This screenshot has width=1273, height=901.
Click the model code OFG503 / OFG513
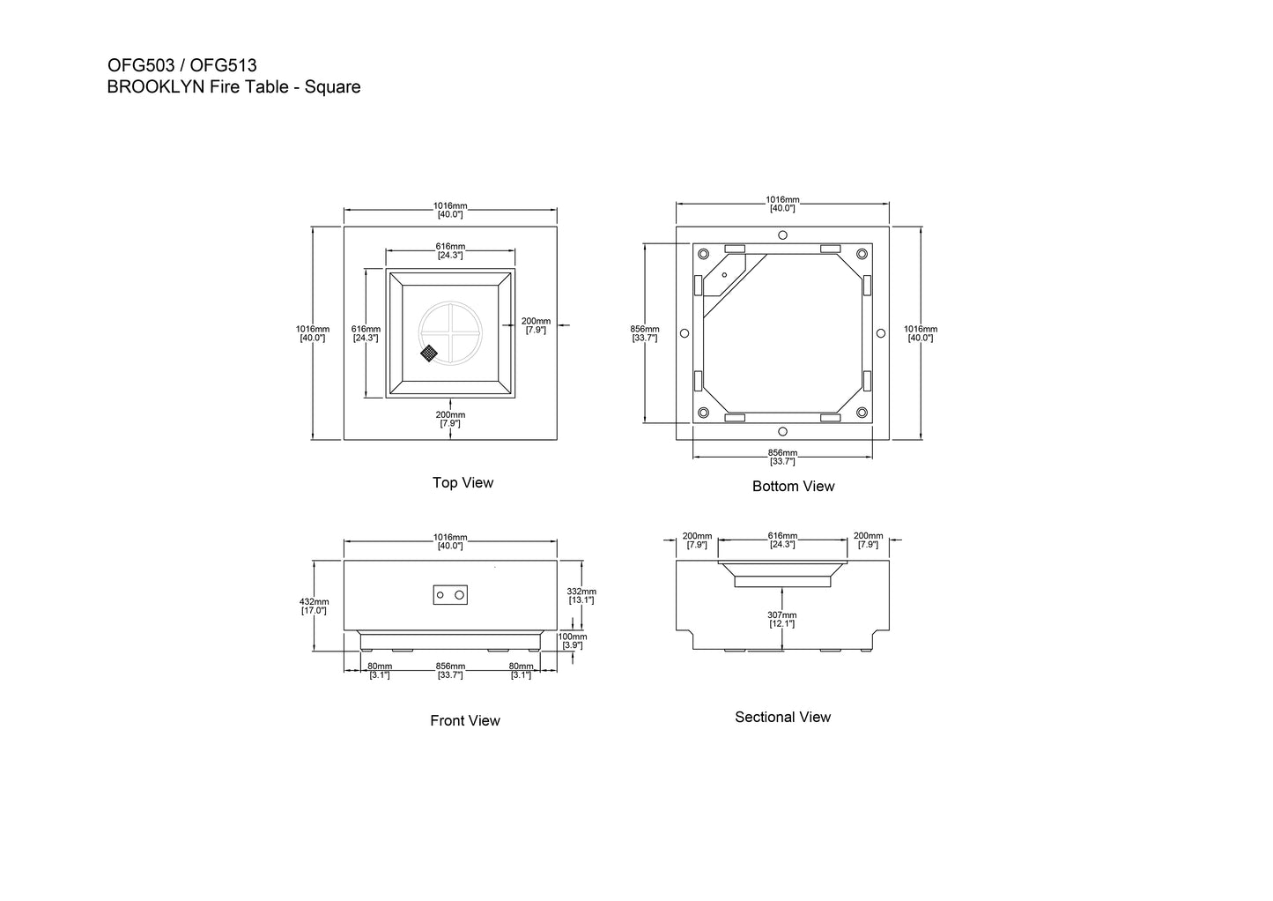[x=181, y=65]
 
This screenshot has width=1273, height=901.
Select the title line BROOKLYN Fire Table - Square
[x=233, y=87]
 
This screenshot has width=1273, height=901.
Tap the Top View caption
[x=463, y=482]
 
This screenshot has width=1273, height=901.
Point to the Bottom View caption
[x=794, y=487]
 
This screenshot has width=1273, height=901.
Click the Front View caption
[x=465, y=720]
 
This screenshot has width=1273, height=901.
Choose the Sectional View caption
[x=782, y=717]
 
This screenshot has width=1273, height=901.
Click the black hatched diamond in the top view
[x=429, y=354]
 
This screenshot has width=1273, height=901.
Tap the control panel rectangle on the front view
[x=450, y=595]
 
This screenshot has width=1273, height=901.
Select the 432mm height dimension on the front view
[x=315, y=606]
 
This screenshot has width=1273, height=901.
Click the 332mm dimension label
[x=581, y=596]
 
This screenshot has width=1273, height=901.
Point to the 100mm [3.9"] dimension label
[x=573, y=640]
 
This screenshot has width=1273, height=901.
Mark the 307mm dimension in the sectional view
[x=782, y=619]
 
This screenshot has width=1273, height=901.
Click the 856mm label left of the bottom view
[x=645, y=333]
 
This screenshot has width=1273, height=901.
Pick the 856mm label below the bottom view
[x=782, y=457]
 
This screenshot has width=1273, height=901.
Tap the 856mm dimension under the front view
[x=450, y=670]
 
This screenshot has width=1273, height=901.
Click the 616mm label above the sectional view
[x=782, y=540]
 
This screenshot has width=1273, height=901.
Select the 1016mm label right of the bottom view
[x=921, y=333]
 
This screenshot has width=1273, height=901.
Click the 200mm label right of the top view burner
[x=536, y=325]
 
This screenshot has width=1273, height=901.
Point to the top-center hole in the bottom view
[x=782, y=235]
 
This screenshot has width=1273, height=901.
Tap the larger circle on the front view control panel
[x=459, y=595]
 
